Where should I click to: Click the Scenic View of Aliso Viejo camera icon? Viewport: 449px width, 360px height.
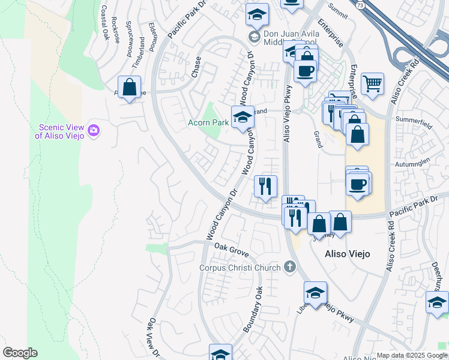pos(93,130)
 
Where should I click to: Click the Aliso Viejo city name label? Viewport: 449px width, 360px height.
pos(347,254)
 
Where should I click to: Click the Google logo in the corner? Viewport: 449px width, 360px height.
pos(20,353)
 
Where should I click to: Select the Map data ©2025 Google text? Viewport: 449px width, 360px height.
pos(412,355)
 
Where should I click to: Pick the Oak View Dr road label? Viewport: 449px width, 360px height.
pos(152,339)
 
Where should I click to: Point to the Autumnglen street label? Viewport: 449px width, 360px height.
pos(413,163)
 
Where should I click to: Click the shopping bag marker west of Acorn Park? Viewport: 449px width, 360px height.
pos(129,88)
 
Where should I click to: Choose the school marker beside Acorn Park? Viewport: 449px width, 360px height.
pos(243,116)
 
